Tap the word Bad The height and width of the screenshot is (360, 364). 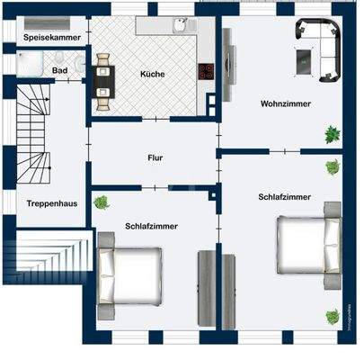pos(59,69)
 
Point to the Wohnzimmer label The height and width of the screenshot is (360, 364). pos(285,103)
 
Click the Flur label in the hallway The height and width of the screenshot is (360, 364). pos(155,157)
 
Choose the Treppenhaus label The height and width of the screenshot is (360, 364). pos(51,203)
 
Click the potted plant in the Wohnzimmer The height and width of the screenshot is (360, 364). pos(333,134)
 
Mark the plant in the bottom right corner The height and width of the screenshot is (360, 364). pos(332,317)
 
